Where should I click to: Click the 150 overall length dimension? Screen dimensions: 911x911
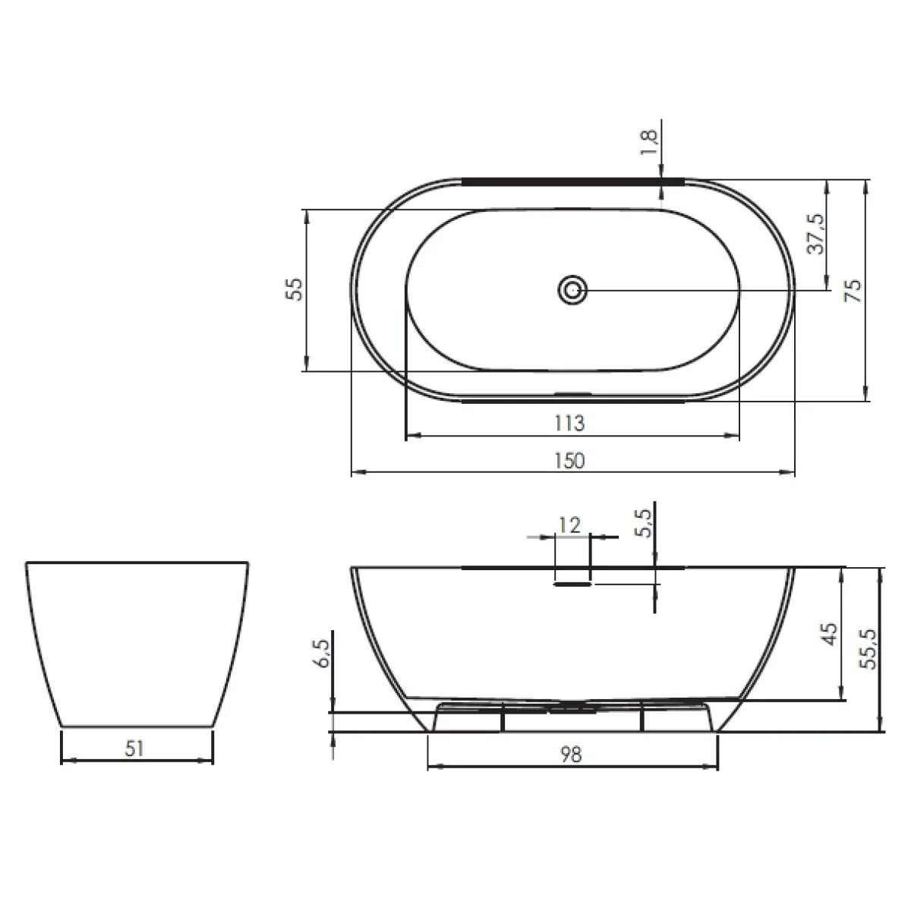(x=569, y=461)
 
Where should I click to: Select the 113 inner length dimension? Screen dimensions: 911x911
(x=569, y=423)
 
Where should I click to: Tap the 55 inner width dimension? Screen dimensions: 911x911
(x=294, y=289)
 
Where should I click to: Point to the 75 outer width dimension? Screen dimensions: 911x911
(x=854, y=291)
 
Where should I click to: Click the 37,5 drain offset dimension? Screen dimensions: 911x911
(x=815, y=234)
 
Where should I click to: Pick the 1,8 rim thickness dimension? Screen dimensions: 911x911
(x=648, y=142)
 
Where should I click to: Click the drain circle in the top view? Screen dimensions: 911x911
(x=572, y=290)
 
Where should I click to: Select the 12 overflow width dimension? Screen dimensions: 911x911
(x=569, y=525)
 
